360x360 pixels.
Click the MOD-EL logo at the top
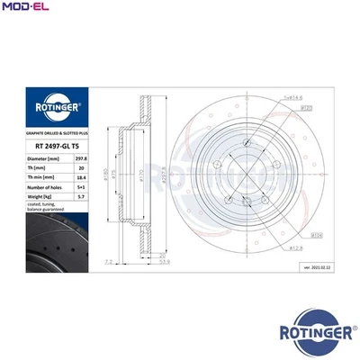(26, 8)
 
